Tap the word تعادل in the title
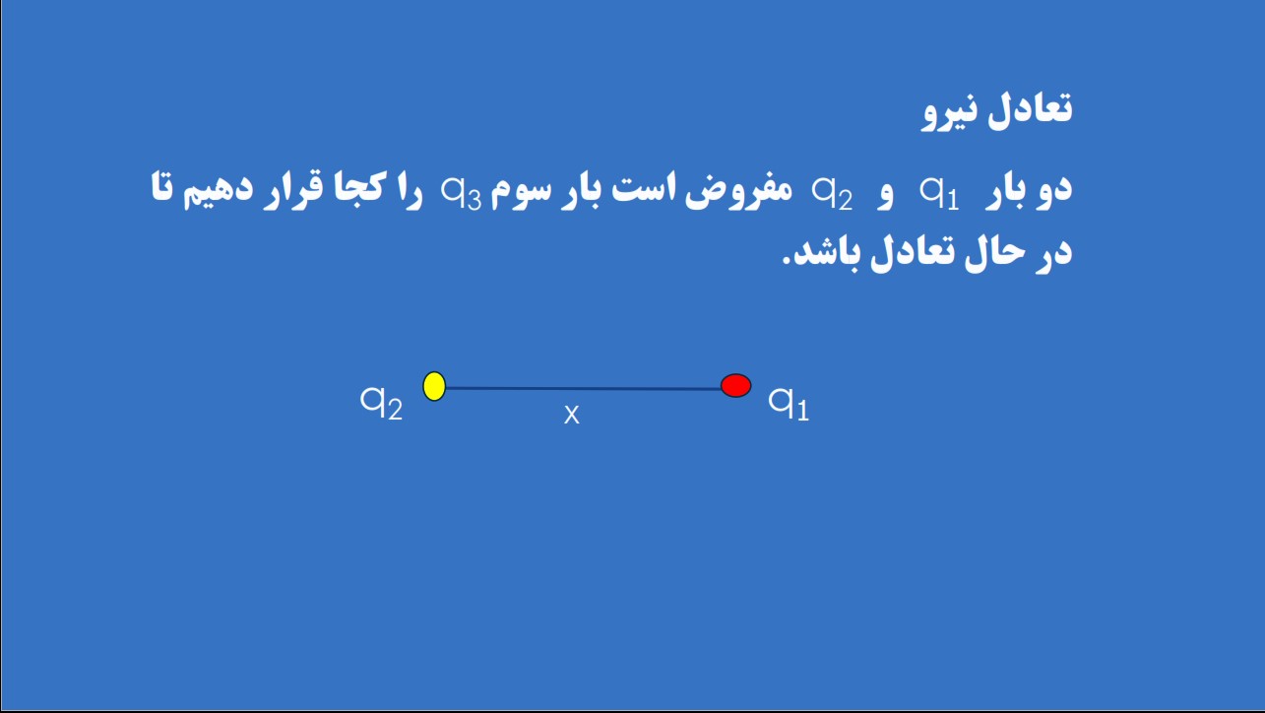[x=1029, y=107]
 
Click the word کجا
[x=357, y=186]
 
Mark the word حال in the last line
[x=993, y=254]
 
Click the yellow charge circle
[x=434, y=386]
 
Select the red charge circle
[x=735, y=385]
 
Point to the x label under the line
[x=572, y=415]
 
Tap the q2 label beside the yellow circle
[x=382, y=403]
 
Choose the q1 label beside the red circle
[x=789, y=403]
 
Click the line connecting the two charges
[x=584, y=389]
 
